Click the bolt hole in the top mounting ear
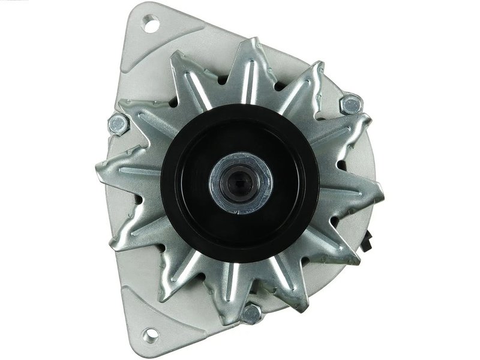coord(150,25)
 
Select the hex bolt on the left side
coord(118,124)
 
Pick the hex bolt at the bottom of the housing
coord(251,313)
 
